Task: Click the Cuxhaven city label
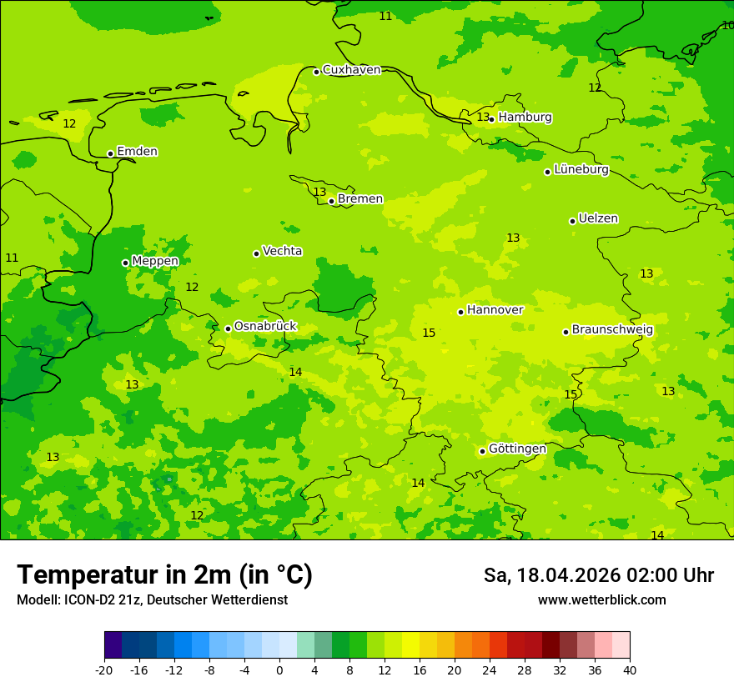(x=351, y=70)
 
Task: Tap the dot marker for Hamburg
(x=491, y=119)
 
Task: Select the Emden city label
(x=137, y=152)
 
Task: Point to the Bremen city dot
(x=331, y=201)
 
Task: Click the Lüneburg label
(x=581, y=169)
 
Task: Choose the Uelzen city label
(x=598, y=219)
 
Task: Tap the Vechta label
(x=282, y=251)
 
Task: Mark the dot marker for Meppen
(x=125, y=263)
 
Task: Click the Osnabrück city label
(x=265, y=326)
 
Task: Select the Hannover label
(x=495, y=310)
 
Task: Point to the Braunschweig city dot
(x=566, y=332)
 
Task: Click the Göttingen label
(x=517, y=449)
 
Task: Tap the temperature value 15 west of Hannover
(x=429, y=333)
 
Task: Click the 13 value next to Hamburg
(x=483, y=118)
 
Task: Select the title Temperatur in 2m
(x=164, y=574)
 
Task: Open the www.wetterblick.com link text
(x=601, y=600)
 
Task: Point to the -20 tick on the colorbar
(x=104, y=670)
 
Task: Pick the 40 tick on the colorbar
(x=630, y=670)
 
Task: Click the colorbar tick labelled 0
(x=279, y=670)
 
